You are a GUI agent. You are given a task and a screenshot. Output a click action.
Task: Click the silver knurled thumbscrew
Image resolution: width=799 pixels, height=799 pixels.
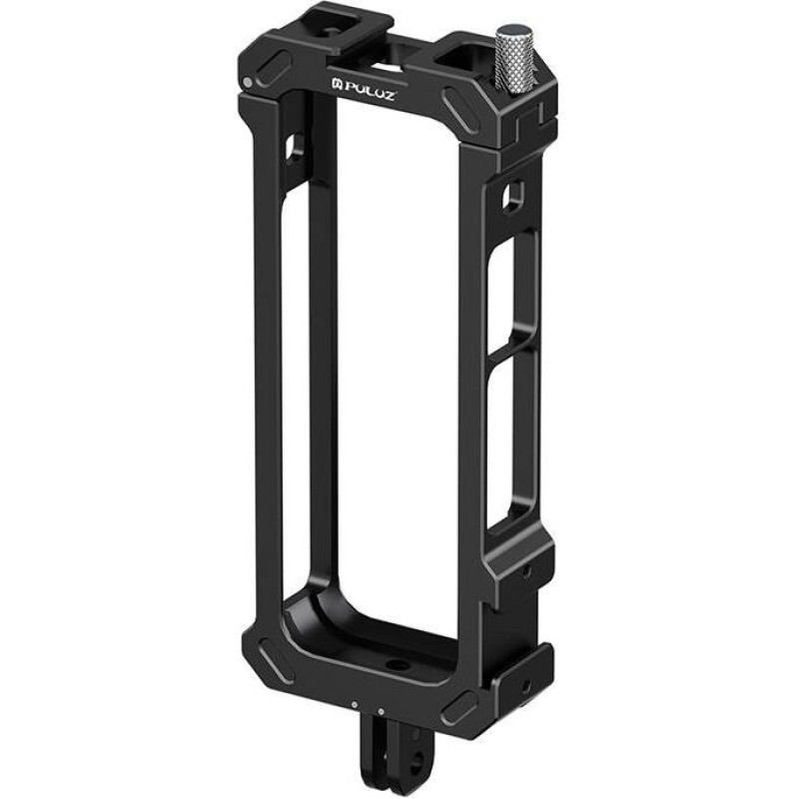click(x=512, y=54)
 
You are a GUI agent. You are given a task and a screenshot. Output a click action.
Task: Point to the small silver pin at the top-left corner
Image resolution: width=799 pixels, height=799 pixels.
click(x=248, y=82)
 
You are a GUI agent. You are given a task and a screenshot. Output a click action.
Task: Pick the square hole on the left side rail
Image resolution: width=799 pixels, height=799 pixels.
click(x=296, y=147)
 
